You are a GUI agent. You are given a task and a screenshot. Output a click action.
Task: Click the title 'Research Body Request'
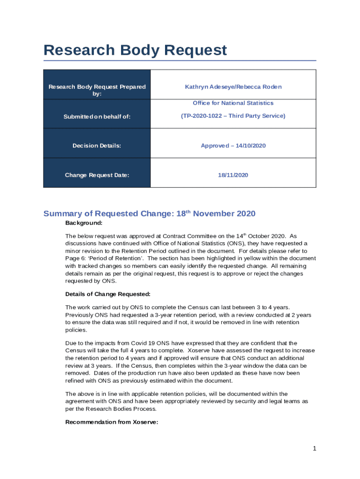coord(135,50)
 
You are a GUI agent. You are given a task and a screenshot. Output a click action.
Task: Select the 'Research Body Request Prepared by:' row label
coord(97,90)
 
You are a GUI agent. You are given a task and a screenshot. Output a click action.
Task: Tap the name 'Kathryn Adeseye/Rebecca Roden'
coord(233,87)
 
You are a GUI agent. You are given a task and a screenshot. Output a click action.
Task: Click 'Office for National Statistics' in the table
coord(233,103)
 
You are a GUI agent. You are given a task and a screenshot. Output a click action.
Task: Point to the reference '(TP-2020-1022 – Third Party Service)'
coord(233,116)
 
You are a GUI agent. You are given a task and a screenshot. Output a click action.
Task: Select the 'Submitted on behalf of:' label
coord(97,116)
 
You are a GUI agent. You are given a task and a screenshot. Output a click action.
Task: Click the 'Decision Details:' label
coord(97,146)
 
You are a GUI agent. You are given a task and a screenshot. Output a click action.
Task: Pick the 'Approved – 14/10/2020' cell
coord(233,146)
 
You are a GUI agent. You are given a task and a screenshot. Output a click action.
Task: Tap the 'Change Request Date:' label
coord(97,175)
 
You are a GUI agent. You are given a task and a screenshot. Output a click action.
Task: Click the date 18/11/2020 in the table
coord(233,175)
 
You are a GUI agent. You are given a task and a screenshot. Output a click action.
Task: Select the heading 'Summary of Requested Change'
coord(108,214)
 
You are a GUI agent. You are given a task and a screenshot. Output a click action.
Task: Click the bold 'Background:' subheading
coord(84,223)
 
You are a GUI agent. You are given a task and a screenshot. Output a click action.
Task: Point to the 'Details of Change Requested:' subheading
coord(108,294)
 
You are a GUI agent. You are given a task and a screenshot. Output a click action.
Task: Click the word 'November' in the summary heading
coord(216,214)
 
